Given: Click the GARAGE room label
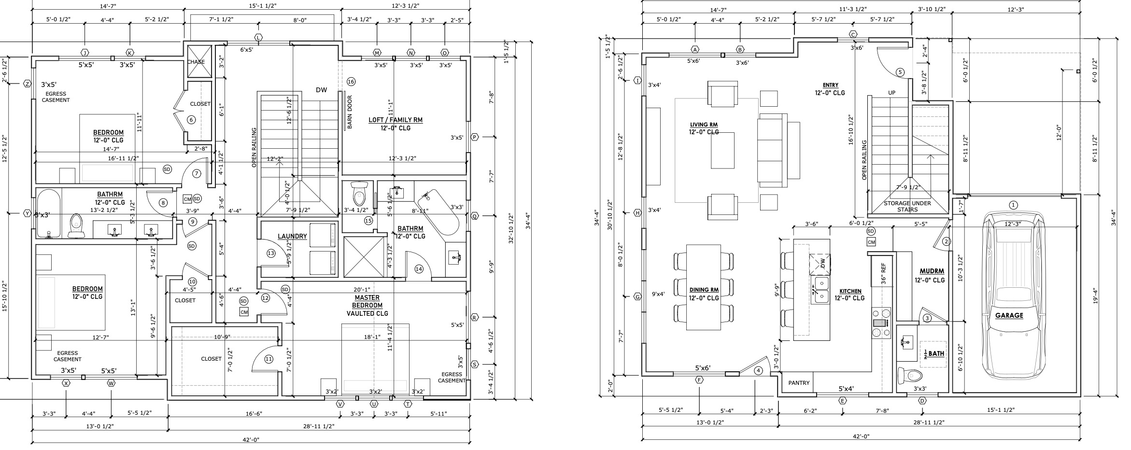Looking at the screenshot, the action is tap(1009, 315).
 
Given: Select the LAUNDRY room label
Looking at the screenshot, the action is tap(292, 236).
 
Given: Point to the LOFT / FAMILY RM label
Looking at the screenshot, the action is tap(396, 120).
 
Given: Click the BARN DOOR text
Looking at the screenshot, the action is tap(350, 115).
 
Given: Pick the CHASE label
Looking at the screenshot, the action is tap(196, 62).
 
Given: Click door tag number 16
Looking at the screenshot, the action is tap(351, 82).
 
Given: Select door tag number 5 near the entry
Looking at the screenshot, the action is tap(900, 72).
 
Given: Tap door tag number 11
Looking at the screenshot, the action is tap(269, 359).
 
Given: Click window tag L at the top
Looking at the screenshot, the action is tap(259, 38).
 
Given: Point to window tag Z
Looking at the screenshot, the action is tap(28, 84).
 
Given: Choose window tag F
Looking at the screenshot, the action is tap(699, 380).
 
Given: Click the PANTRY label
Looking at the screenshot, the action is tap(799, 383).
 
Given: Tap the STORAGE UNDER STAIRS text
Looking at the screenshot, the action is tap(907, 206).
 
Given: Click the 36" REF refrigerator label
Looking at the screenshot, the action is tap(883, 273).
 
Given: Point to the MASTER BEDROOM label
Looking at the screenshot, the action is tap(367, 305).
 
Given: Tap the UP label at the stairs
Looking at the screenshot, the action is tap(891, 93).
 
